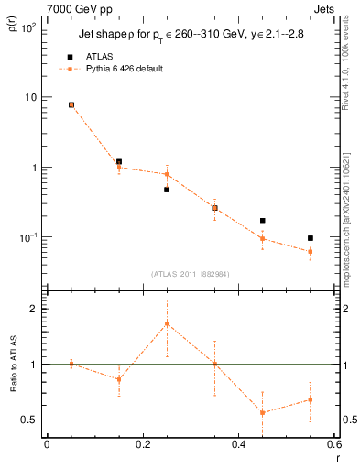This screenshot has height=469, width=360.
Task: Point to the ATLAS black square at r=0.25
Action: (x=167, y=190)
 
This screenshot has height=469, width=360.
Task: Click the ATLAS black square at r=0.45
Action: (x=263, y=221)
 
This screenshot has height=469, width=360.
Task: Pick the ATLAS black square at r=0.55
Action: (x=311, y=238)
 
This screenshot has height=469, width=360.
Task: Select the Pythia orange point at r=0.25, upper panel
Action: (x=167, y=174)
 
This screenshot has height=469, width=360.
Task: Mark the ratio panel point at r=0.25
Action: (x=167, y=323)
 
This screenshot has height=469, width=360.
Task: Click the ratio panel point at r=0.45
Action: (x=263, y=412)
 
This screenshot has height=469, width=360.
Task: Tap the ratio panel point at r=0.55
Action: (x=311, y=399)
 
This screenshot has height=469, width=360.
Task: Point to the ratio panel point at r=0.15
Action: (x=119, y=379)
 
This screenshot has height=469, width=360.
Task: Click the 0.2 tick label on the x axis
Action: (x=141, y=444)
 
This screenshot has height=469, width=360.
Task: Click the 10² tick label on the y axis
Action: (x=29, y=27)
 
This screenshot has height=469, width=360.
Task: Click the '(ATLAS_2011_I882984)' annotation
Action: (x=190, y=273)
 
